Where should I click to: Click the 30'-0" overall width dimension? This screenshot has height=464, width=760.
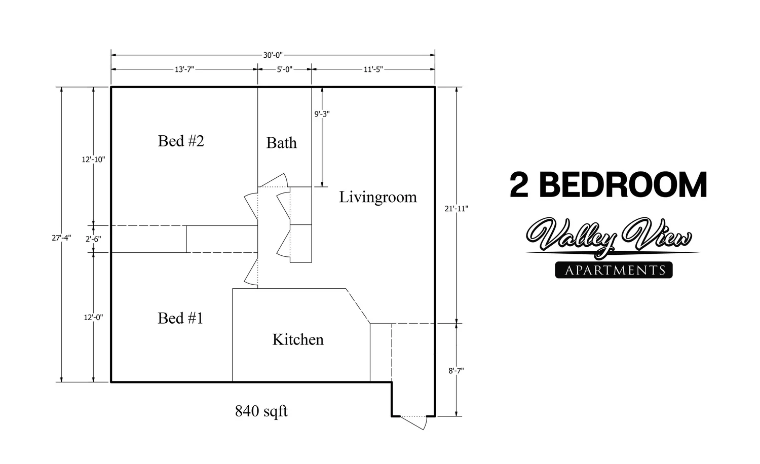point(273,55)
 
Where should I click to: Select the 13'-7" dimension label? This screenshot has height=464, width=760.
point(184,69)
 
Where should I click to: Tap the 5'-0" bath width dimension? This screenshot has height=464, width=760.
point(284,69)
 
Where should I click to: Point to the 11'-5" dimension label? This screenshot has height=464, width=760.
point(373,69)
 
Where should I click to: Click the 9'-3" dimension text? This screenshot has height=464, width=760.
point(322,114)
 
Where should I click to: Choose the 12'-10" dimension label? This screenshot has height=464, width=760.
point(93,160)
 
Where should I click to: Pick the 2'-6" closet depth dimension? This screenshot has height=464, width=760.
point(93,239)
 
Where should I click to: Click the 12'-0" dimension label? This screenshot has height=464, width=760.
point(93,318)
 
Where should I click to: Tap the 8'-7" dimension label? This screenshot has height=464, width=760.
point(456,370)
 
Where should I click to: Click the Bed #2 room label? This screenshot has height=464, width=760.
point(181,141)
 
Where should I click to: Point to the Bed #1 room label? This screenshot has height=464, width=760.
point(180,318)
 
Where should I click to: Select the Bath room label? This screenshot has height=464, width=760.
point(281,143)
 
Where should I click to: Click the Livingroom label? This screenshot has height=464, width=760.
point(378,197)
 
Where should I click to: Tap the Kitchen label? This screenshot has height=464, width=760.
point(298,339)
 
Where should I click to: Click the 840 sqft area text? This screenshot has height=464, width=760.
point(261,411)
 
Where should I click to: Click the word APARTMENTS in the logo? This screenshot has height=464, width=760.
point(615,270)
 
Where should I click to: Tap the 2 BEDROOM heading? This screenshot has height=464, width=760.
point(608,185)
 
